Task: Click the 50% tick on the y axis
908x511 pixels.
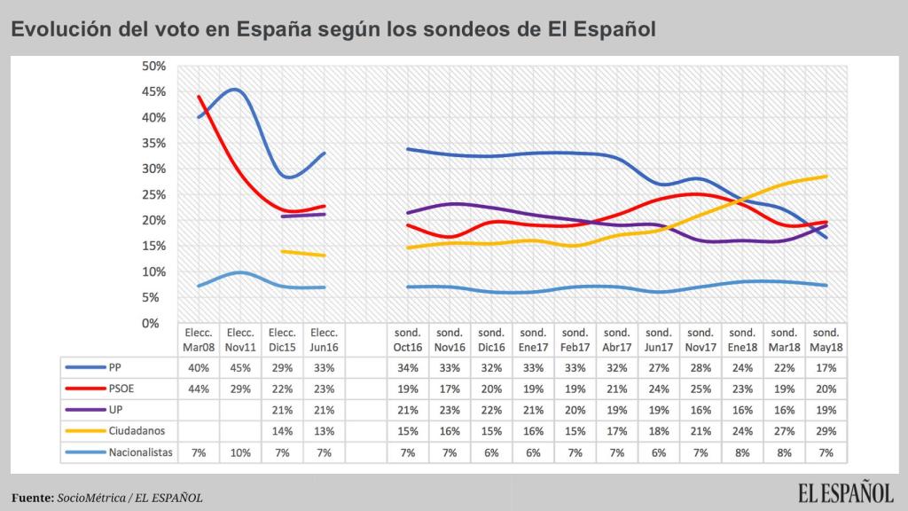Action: [154, 66]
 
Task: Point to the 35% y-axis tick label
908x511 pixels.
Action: [154, 143]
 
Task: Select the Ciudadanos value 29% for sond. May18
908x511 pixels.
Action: [826, 429]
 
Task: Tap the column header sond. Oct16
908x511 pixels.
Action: [409, 339]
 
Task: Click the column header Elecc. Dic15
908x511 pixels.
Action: [282, 339]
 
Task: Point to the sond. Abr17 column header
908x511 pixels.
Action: [617, 339]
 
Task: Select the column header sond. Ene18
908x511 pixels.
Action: [743, 339]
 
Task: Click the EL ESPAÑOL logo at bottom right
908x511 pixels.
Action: [844, 493]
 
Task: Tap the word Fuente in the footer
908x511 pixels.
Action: [32, 498]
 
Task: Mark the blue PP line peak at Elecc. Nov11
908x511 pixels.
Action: [236, 90]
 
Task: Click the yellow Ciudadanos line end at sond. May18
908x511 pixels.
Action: [826, 176]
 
